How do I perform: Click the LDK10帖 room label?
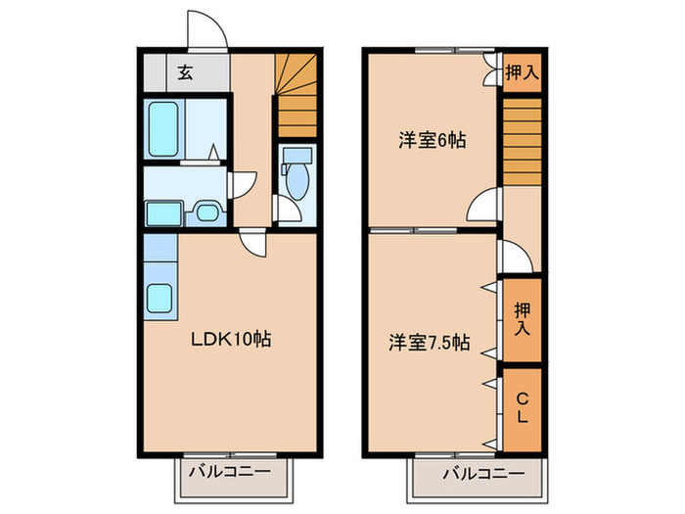(x=231, y=341)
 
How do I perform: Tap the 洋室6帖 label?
(x=431, y=140)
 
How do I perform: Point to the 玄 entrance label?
(x=185, y=71)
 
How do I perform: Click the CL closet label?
(x=522, y=407)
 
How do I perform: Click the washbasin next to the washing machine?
(x=206, y=212)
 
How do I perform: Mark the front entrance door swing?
(x=208, y=29)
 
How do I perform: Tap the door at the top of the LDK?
(x=252, y=242)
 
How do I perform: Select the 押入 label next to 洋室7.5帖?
(x=522, y=321)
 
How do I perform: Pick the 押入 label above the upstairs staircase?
(x=522, y=72)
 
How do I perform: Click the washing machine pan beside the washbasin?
(x=162, y=212)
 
